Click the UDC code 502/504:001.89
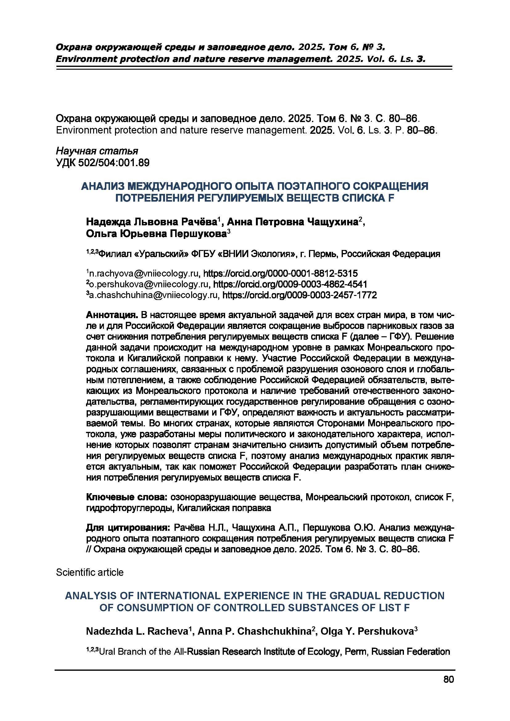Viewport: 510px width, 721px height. point(103,163)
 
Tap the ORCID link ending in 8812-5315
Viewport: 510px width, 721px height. point(280,273)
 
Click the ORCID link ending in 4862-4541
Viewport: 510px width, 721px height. point(290,285)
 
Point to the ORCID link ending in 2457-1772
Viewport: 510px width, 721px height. point(300,295)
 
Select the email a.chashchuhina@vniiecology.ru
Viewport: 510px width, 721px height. point(153,295)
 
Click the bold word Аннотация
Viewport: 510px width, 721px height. point(112,315)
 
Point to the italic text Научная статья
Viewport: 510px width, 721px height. point(97,151)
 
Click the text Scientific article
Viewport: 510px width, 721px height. point(90,572)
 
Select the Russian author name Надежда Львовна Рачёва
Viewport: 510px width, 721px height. point(152,222)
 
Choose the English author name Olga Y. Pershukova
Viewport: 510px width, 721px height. point(366,632)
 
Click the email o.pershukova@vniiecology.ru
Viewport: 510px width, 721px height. point(149,285)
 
